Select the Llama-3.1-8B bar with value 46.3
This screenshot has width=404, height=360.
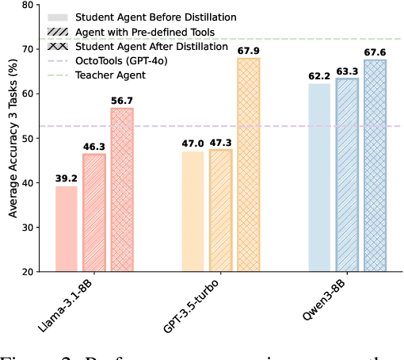click(94, 213)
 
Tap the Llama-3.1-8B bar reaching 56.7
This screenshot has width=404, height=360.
click(122, 190)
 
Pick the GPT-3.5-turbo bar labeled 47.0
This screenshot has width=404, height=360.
click(192, 212)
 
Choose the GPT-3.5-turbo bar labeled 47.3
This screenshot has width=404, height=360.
click(220, 211)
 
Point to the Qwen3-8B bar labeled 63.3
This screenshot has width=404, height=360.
click(347, 175)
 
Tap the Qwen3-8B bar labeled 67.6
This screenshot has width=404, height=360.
click(375, 166)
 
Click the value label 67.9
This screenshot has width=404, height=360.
click(249, 52)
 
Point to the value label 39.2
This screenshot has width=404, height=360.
click(67, 179)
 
